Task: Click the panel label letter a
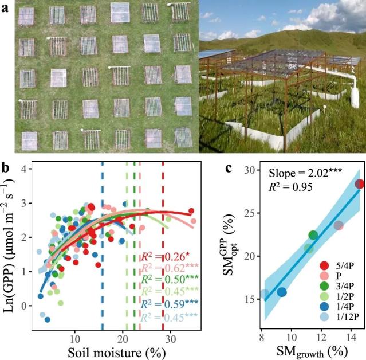pos(5,9)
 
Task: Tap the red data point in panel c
pos(360,184)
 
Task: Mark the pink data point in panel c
pos(339,225)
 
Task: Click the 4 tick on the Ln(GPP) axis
pos(24,169)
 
